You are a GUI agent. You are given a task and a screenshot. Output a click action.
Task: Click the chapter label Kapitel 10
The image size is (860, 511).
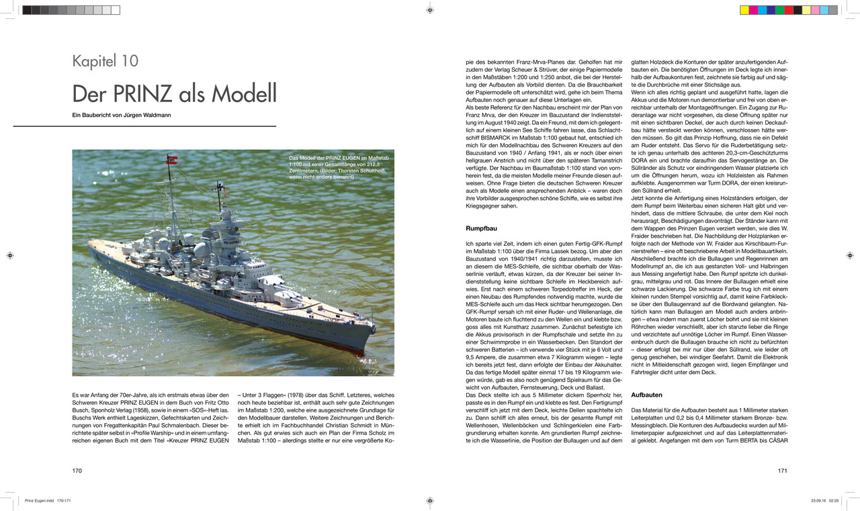[105, 61]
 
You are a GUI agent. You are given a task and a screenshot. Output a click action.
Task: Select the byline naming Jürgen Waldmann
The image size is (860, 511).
[122, 115]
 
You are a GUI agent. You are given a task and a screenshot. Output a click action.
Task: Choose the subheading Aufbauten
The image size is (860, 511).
[647, 395]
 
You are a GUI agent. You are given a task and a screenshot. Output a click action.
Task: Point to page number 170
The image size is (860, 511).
[77, 471]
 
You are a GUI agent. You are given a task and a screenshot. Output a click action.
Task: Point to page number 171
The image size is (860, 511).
[782, 471]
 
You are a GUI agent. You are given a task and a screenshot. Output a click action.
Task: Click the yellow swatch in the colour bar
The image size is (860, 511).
[744, 10]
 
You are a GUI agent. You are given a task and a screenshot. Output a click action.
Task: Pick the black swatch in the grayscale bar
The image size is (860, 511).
[27, 10]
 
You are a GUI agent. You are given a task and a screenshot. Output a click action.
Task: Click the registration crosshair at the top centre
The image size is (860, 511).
[430, 10]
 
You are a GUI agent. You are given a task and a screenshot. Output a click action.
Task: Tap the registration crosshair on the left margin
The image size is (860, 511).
[10, 255]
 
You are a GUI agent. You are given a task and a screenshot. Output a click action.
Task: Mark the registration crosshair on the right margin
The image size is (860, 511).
[850, 255]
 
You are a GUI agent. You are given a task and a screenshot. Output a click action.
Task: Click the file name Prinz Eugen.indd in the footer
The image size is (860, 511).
[38, 500]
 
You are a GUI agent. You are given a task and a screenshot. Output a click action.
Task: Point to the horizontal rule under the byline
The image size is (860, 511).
[174, 126]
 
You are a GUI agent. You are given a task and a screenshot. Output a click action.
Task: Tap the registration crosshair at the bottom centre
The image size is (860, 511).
[430, 500]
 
